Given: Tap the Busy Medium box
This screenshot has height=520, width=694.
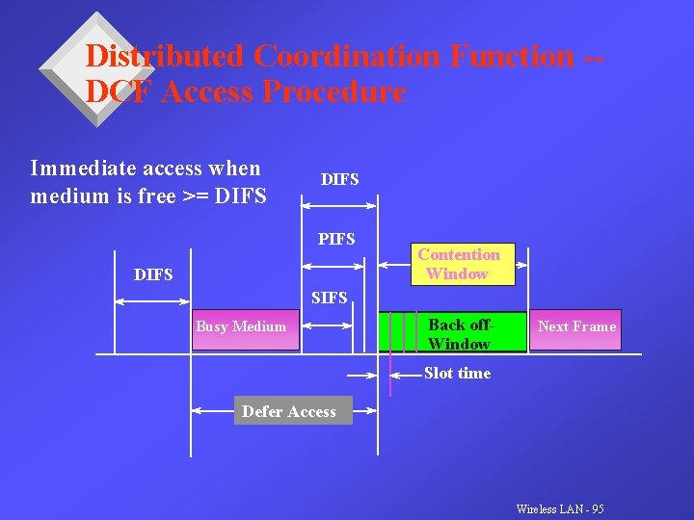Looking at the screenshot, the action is click(x=241, y=326).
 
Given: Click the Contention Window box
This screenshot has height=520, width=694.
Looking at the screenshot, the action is click(x=458, y=264).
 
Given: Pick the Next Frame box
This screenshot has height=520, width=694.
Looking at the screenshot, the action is click(x=576, y=326).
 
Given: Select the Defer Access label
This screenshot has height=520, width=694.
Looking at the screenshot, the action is click(x=289, y=412).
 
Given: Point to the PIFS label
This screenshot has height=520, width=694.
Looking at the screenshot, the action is click(x=337, y=239).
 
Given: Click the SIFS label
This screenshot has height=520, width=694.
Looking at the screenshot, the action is click(x=330, y=299).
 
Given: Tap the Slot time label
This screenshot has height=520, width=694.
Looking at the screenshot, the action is click(x=457, y=374).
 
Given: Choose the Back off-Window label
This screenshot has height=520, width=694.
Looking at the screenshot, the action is click(x=459, y=334).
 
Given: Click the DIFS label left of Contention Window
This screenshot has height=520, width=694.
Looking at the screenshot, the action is click(x=153, y=275).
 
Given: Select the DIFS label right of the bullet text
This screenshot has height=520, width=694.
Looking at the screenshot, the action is click(x=339, y=179).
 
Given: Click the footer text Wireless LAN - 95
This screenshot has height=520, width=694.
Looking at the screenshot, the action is click(x=560, y=508).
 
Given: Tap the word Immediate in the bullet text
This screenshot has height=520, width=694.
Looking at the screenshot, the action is click(x=82, y=169).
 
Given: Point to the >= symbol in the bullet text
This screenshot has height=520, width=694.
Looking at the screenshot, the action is click(x=196, y=197).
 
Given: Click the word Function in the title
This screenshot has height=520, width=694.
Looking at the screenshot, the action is click(x=511, y=56).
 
